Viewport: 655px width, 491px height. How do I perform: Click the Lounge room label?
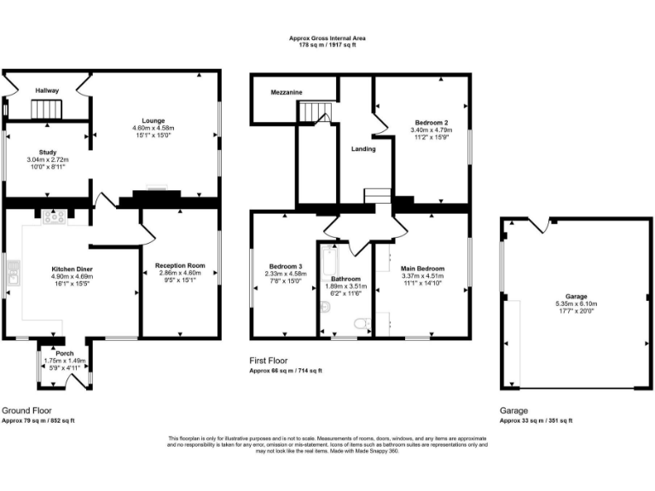154,120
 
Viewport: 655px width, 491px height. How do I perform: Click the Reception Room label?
180,266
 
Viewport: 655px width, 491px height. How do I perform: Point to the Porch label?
63,353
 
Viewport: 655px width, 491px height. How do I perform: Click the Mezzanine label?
287,92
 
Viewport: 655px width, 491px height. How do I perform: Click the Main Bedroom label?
423,269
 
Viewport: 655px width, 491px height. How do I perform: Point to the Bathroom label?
345,279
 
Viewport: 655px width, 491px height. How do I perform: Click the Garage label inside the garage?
577,296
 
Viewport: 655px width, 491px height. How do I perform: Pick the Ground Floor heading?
26,410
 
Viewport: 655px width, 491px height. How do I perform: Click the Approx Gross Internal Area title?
327,38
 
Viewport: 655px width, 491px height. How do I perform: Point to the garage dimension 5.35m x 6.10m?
577,303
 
